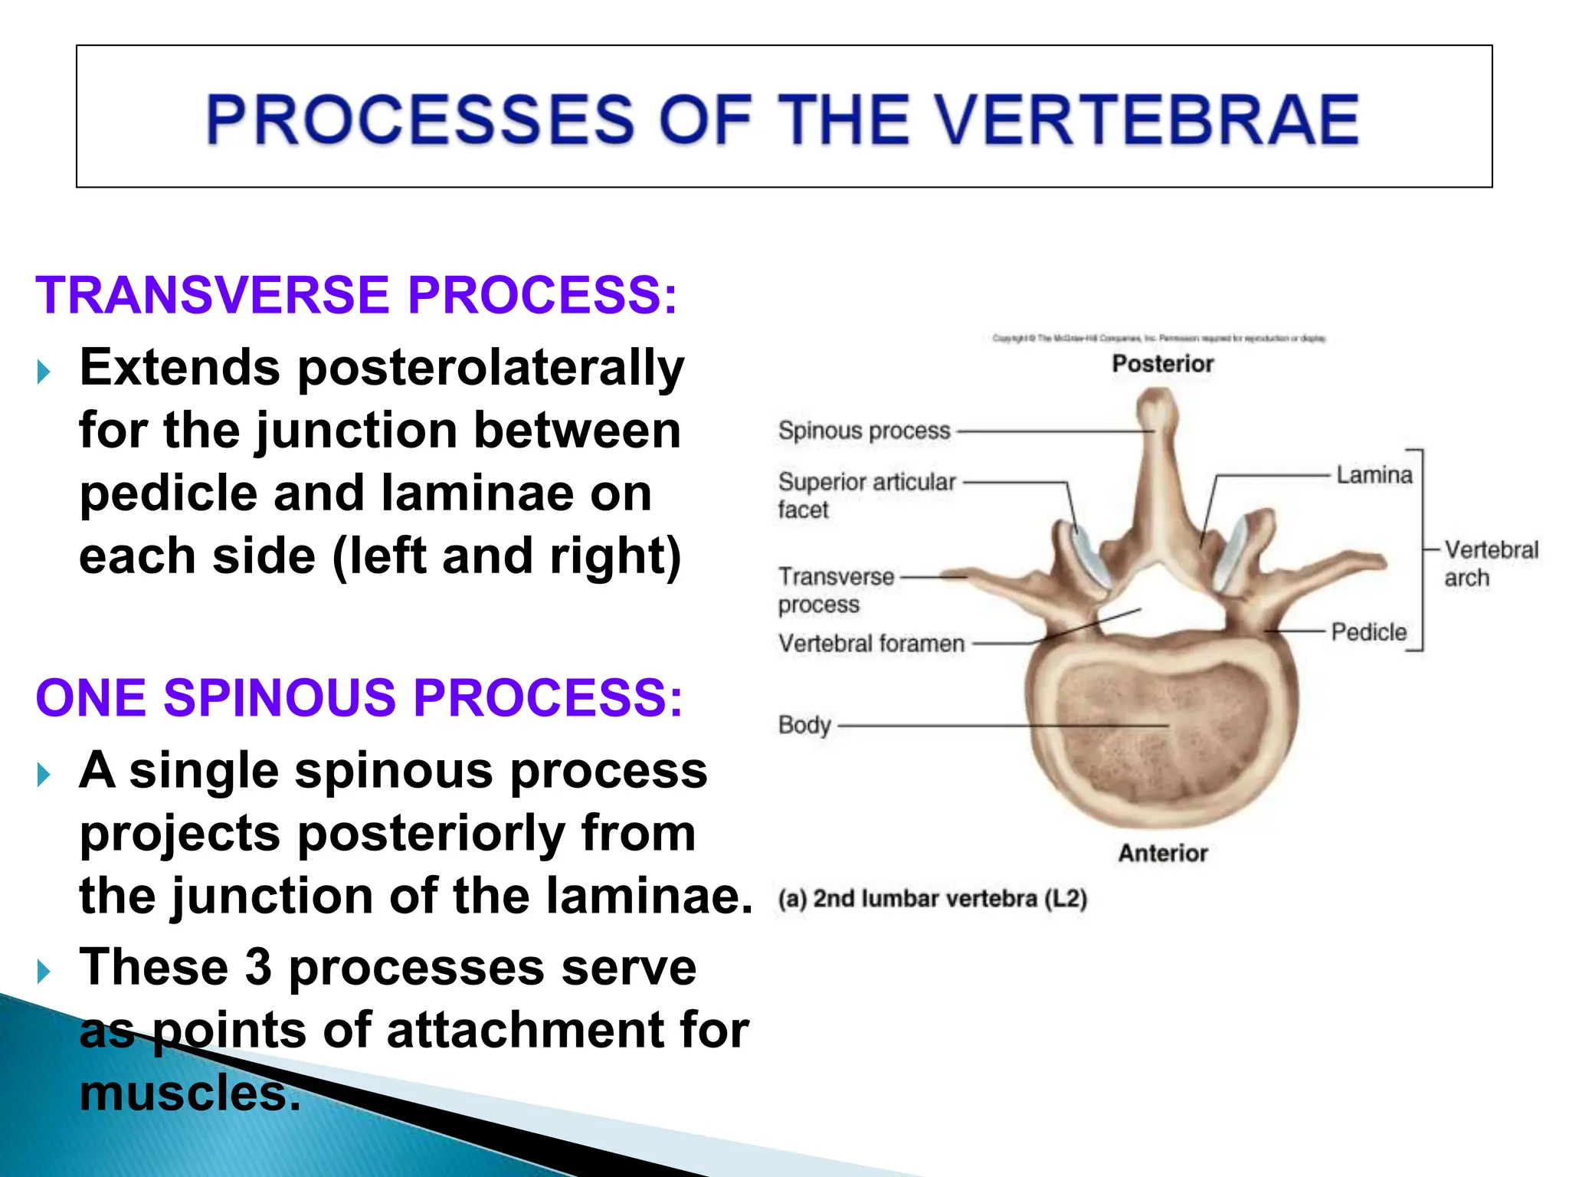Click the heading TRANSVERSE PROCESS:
pyautogui.click(x=356, y=295)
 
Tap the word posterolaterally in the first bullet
pyautogui.click(x=490, y=368)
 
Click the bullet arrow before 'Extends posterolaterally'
pyautogui.click(x=44, y=372)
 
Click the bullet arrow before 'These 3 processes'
pyautogui.click(x=44, y=972)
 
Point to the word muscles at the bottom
pyautogui.click(x=189, y=1093)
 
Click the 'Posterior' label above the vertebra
pyautogui.click(x=1162, y=363)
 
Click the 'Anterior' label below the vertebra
pyautogui.click(x=1162, y=853)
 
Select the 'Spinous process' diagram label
pyautogui.click(x=863, y=431)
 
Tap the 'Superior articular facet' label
pyautogui.click(x=866, y=495)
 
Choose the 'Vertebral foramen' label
pyautogui.click(x=871, y=643)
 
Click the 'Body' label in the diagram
pyautogui.click(x=804, y=724)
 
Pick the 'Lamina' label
pyautogui.click(x=1374, y=475)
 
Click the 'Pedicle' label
pyautogui.click(x=1368, y=632)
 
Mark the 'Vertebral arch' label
pyautogui.click(x=1490, y=563)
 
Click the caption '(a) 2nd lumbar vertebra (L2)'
pyautogui.click(x=932, y=898)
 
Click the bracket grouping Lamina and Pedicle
pyautogui.click(x=1422, y=549)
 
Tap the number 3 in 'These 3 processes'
pyautogui.click(x=259, y=967)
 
